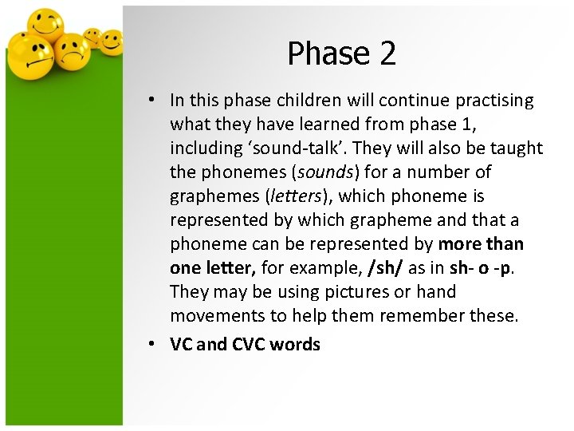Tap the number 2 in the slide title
(x=387, y=53)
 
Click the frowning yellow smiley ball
(x=73, y=52)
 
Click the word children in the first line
(x=310, y=101)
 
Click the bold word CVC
(x=251, y=345)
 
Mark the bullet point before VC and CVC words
(x=151, y=345)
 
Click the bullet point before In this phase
(x=151, y=101)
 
